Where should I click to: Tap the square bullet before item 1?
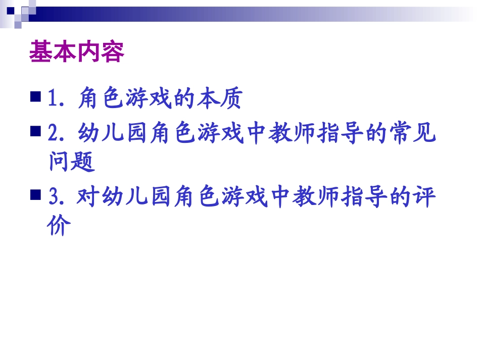pyautogui.click(x=35, y=96)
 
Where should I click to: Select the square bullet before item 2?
pyautogui.click(x=35, y=132)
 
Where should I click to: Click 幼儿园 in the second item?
pyautogui.click(x=112, y=135)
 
